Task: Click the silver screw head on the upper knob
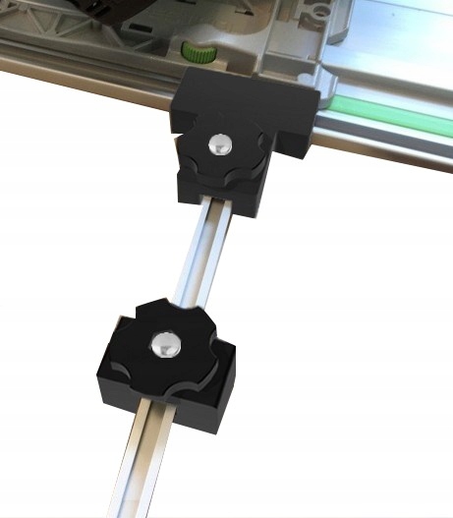click(218, 144)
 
